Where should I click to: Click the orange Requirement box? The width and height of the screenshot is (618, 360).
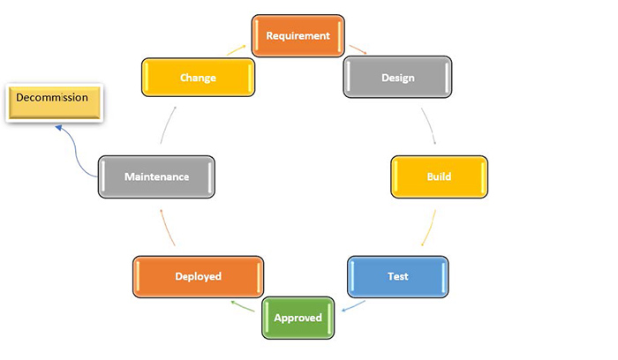[x=298, y=36]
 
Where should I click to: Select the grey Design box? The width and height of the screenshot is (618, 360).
[x=397, y=78]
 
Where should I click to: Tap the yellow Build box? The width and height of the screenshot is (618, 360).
[x=439, y=177]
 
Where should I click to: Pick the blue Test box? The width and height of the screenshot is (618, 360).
[x=397, y=276]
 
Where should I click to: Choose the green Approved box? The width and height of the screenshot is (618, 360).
[x=298, y=318]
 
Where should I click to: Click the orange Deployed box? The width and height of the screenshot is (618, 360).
[x=198, y=276]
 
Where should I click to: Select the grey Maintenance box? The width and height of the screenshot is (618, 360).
[x=156, y=176]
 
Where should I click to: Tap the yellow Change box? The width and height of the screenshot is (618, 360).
[x=198, y=78]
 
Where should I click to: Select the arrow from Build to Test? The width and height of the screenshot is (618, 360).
[x=428, y=229]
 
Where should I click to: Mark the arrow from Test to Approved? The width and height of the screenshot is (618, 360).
[x=354, y=306]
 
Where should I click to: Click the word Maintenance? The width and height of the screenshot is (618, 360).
[x=156, y=176]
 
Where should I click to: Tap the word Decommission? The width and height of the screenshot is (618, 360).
[x=52, y=98]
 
